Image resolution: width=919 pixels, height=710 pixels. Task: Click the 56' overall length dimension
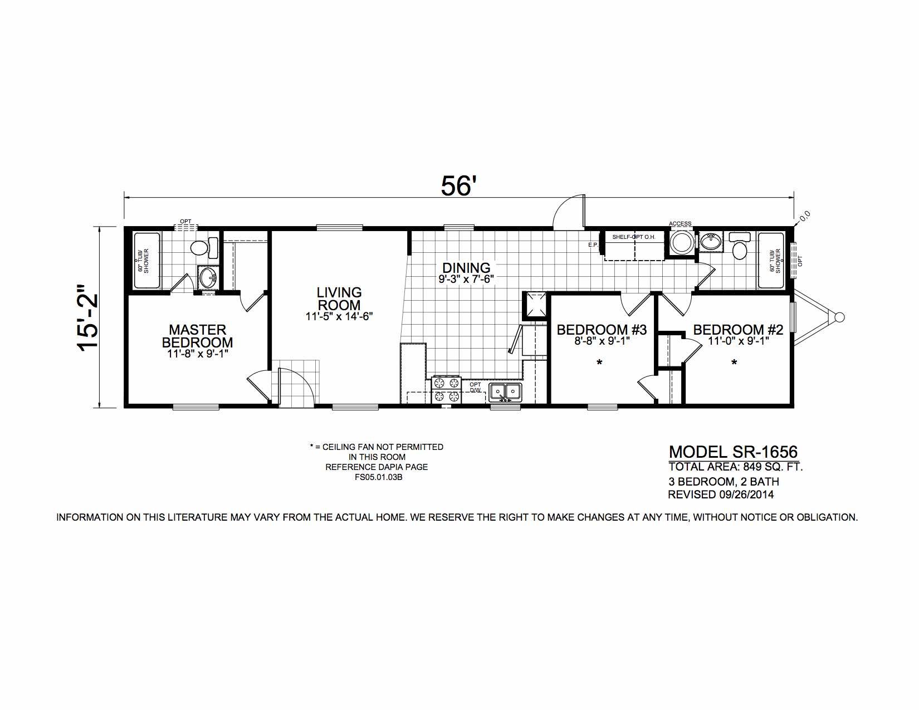[458, 186]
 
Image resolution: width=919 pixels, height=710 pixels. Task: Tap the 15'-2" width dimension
[89, 316]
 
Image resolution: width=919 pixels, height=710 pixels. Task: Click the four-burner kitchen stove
[447, 389]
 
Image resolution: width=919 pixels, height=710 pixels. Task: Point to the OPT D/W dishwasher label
[475, 388]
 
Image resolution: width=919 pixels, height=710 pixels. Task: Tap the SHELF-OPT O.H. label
[633, 237]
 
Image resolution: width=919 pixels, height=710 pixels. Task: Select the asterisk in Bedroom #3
[599, 363]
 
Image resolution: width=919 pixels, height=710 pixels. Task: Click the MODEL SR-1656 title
[734, 453]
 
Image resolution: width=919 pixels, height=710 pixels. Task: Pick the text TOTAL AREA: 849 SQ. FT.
[735, 467]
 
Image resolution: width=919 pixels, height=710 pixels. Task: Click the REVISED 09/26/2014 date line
[721, 494]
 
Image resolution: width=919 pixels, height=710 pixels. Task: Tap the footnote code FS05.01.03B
[377, 478]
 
